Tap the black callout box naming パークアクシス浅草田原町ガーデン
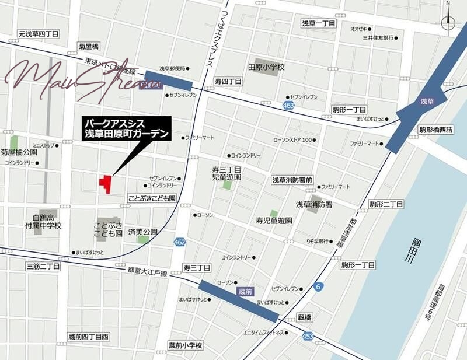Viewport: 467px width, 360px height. coord(126,130)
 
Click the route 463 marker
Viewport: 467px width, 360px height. coord(287,105)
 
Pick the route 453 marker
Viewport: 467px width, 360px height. coord(308,336)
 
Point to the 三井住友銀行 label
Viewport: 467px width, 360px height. coord(377,38)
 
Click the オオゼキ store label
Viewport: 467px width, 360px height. coord(358,29)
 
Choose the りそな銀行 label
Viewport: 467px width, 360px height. coord(313,240)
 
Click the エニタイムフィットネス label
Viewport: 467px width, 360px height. coord(264,332)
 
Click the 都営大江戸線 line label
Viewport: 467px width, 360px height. coord(147,272)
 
